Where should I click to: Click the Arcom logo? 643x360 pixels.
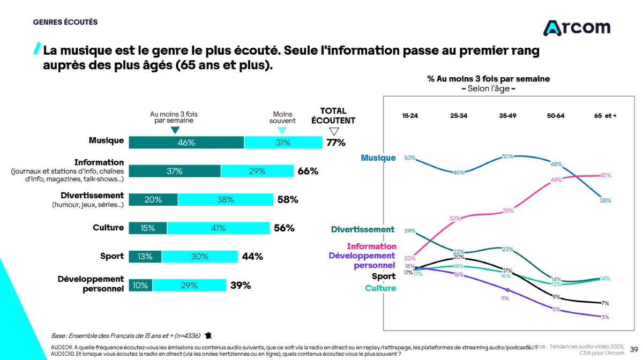tap(577, 27)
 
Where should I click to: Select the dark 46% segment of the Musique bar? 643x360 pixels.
tap(186, 142)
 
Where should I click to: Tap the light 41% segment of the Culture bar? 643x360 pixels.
tap(218, 228)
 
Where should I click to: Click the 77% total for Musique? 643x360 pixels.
tap(336, 142)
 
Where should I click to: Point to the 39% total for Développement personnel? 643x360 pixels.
tap(241, 286)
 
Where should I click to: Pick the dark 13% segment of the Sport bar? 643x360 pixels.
tap(145, 257)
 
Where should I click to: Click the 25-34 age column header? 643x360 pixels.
tap(459, 116)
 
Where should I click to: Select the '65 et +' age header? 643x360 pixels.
tap(605, 116)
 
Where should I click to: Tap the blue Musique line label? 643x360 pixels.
tap(378, 158)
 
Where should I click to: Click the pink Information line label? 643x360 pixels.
tap(371, 246)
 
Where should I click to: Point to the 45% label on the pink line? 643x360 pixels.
tap(605, 175)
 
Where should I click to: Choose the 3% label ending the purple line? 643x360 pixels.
tap(605, 317)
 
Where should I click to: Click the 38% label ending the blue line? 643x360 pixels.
tap(605, 200)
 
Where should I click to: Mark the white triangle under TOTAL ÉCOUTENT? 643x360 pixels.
tap(334, 131)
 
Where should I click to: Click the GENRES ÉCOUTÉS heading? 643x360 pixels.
tap(65, 22)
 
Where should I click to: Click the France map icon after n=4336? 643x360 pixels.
tap(208, 336)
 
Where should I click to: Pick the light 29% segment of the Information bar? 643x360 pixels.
tap(257, 171)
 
